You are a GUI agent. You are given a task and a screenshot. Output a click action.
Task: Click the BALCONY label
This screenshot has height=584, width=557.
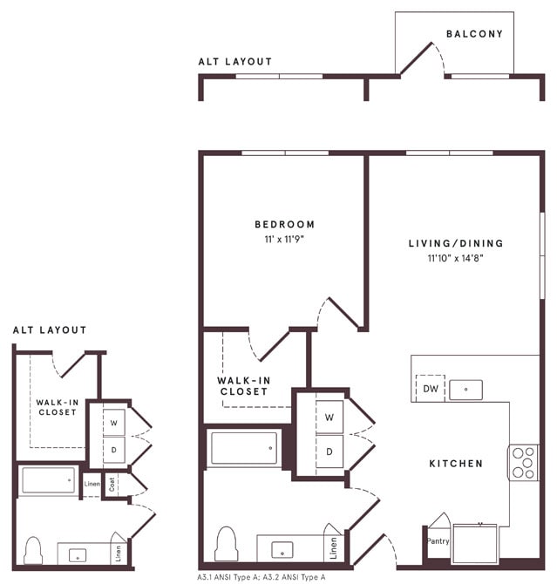[474, 34]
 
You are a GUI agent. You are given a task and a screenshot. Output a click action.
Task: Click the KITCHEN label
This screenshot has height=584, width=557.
[456, 464]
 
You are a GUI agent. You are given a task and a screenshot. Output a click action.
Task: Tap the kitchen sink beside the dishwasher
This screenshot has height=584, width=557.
[466, 390]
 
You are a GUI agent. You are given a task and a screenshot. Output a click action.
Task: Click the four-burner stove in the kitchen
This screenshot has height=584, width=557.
[523, 462]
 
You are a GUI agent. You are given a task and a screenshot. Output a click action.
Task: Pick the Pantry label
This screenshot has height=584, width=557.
[437, 540]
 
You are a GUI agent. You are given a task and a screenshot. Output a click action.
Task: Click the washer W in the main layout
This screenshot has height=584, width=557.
[329, 417]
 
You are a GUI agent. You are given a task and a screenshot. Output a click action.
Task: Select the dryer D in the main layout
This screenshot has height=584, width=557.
[329, 451]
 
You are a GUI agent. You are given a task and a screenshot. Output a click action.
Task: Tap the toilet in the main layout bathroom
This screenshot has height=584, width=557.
[227, 543]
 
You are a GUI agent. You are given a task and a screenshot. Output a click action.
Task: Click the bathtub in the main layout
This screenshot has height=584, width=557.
[244, 448]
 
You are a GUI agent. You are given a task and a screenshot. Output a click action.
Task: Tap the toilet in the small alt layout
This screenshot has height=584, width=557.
[34, 550]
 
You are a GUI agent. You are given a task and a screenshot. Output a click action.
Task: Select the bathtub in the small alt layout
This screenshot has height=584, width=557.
[48, 480]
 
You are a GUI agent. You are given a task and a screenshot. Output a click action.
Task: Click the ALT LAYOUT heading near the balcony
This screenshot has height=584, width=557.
[234, 62]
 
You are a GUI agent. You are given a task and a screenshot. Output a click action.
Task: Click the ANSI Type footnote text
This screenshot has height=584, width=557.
[262, 577]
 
